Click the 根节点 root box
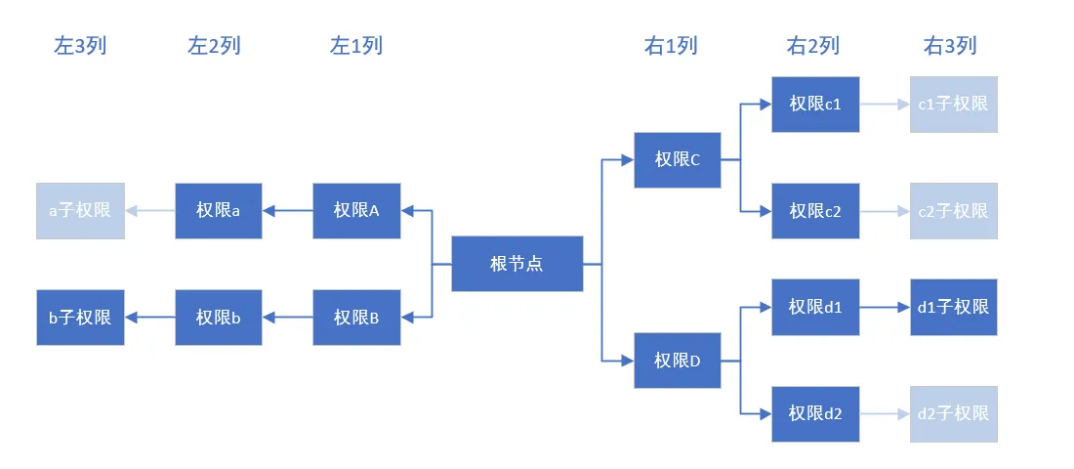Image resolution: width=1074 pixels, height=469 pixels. (x=516, y=264)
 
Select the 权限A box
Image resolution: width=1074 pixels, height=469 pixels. (x=356, y=210)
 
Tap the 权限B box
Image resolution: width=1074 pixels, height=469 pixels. (x=356, y=318)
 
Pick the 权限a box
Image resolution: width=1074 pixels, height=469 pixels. (x=219, y=210)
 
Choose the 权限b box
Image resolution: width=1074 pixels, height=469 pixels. (x=219, y=318)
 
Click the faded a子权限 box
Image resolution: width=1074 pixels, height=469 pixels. (x=80, y=210)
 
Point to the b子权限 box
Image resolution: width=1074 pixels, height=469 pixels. (x=80, y=318)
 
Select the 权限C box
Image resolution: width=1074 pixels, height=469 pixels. (x=678, y=160)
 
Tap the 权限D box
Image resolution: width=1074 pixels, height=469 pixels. (x=678, y=361)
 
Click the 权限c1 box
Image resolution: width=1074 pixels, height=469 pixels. (x=815, y=104)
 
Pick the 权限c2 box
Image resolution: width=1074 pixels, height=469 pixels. (x=815, y=211)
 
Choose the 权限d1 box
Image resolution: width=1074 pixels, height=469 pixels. (x=815, y=308)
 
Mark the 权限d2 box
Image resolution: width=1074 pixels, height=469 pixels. (x=815, y=414)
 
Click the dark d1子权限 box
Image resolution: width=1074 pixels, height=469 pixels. (x=953, y=308)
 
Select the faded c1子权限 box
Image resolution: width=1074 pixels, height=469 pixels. (x=953, y=104)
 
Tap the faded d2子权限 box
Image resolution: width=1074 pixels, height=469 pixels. (x=953, y=414)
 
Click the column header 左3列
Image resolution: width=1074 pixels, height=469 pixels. (x=80, y=46)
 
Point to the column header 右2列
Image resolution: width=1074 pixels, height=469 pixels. (x=812, y=46)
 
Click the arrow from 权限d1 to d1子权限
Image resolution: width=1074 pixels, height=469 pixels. (x=884, y=308)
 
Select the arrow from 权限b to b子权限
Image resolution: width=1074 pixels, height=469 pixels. (x=149, y=318)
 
